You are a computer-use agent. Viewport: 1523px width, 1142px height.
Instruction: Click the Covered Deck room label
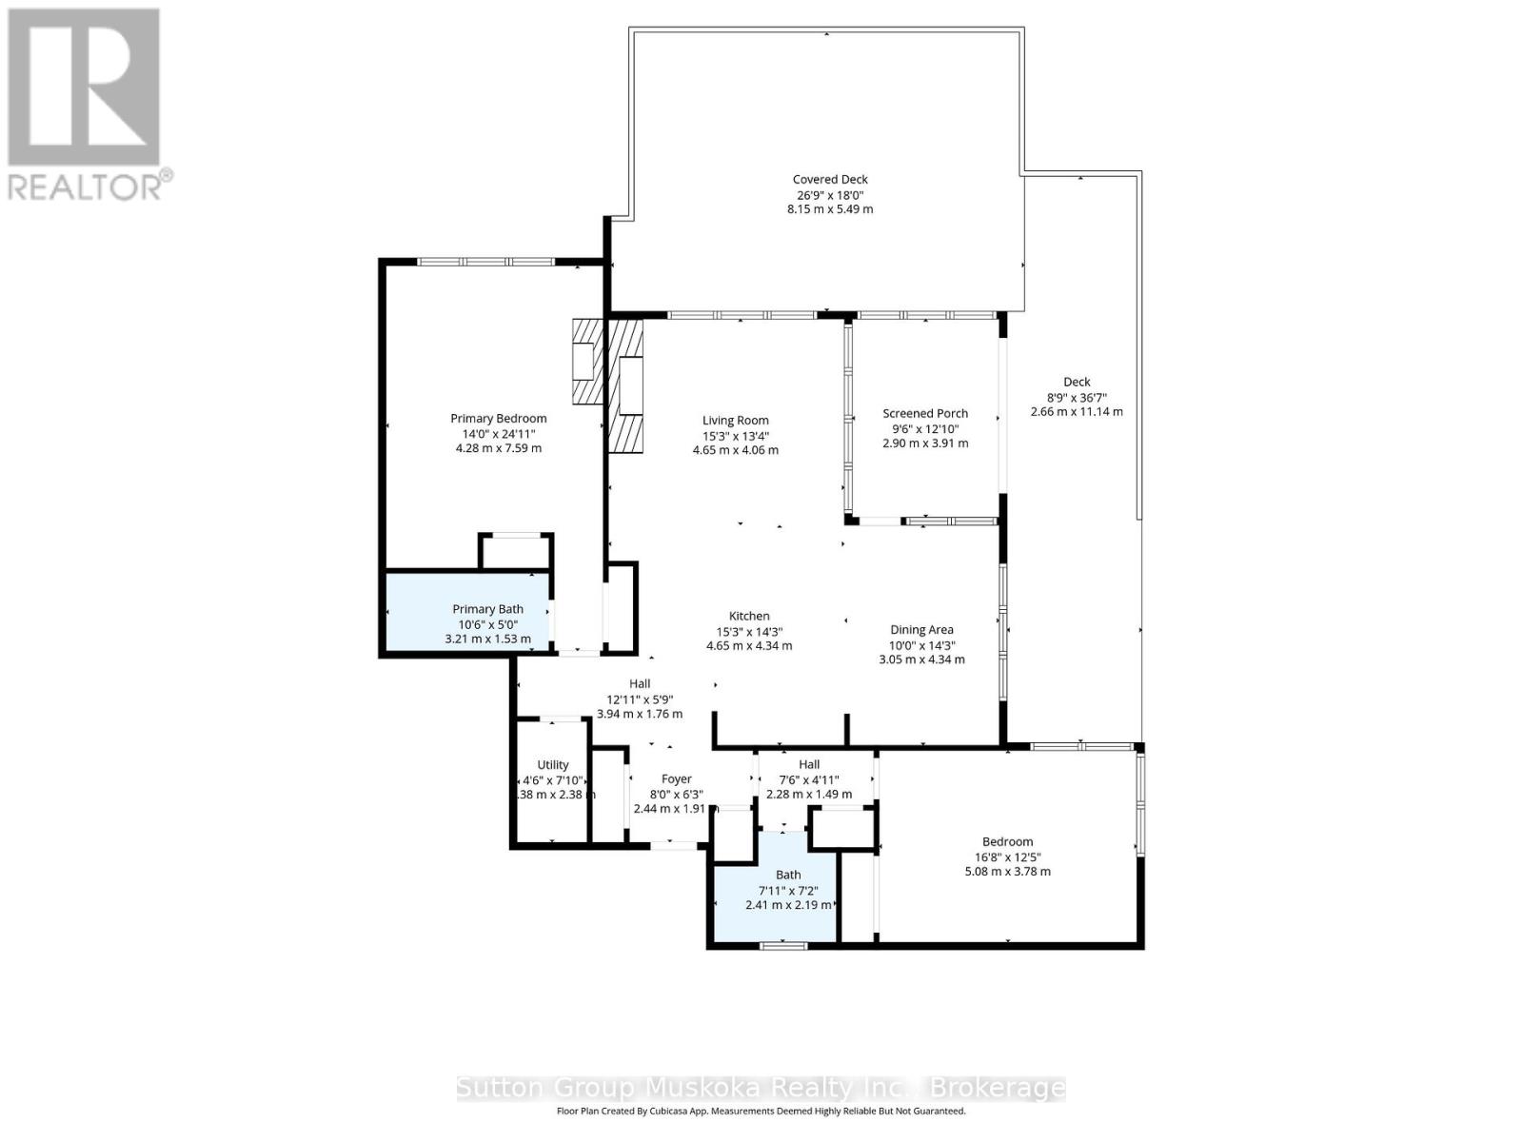(x=830, y=179)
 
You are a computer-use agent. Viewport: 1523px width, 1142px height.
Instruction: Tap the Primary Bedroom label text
(x=498, y=418)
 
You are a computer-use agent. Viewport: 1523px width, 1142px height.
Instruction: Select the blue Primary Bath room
(x=466, y=614)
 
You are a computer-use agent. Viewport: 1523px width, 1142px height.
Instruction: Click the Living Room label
(x=735, y=420)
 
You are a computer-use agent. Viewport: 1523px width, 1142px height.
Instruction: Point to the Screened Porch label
(x=924, y=413)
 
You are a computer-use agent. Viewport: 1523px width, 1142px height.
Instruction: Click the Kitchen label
(x=749, y=616)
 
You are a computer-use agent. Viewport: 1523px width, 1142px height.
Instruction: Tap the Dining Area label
(x=920, y=629)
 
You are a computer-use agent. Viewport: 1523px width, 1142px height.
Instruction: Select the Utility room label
(x=552, y=764)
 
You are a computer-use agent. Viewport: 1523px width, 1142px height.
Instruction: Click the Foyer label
(x=676, y=778)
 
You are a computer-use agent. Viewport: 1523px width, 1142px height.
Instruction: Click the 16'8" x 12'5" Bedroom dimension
(x=1007, y=856)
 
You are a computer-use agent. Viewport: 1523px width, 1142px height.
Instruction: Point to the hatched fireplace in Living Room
(x=625, y=385)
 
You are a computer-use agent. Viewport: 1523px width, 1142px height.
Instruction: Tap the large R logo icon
(x=84, y=88)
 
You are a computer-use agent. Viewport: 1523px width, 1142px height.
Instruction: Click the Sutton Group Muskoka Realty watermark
(x=761, y=1088)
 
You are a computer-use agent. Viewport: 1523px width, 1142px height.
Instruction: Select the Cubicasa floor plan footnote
(x=761, y=1111)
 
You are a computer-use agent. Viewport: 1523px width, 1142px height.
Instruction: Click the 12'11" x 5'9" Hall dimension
(x=640, y=699)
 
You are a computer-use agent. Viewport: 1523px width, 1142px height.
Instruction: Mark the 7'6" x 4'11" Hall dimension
(x=808, y=779)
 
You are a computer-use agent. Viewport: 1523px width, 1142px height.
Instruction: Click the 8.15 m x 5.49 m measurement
(x=830, y=209)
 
